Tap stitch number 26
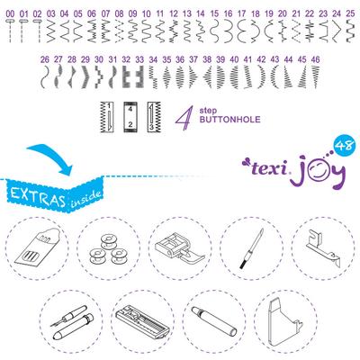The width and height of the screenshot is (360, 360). tap(45, 58)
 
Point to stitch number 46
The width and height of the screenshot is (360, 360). tap(314, 58)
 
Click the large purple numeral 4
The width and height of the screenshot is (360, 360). tap(184, 117)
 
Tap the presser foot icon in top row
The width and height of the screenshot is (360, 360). tap(179, 247)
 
